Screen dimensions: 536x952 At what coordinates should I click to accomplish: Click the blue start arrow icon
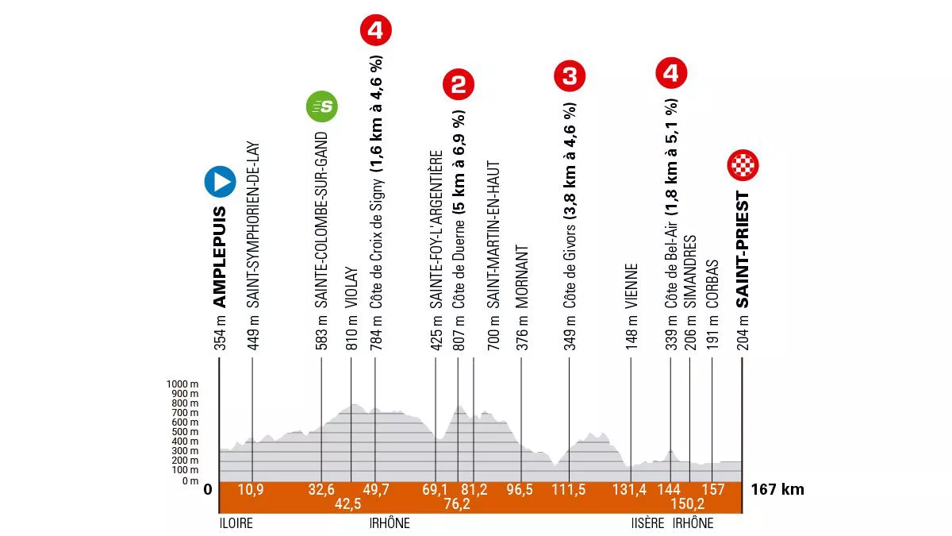(219, 182)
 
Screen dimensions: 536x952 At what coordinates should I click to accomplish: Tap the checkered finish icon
(743, 166)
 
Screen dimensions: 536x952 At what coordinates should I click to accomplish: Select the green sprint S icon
(323, 106)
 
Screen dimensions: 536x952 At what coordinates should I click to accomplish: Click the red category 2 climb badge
(458, 83)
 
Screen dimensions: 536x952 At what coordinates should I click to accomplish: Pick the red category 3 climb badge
(570, 76)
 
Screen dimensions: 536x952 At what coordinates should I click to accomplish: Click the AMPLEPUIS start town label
(220, 258)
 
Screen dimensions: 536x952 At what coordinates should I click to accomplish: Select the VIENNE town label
(631, 286)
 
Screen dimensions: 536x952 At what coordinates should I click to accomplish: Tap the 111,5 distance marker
(569, 489)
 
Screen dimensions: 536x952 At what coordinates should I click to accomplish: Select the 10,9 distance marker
(251, 489)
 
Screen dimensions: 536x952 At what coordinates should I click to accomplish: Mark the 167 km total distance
(777, 489)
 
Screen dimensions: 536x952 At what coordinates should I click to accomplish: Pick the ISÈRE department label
(641, 523)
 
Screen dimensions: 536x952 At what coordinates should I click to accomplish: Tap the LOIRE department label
(236, 523)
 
